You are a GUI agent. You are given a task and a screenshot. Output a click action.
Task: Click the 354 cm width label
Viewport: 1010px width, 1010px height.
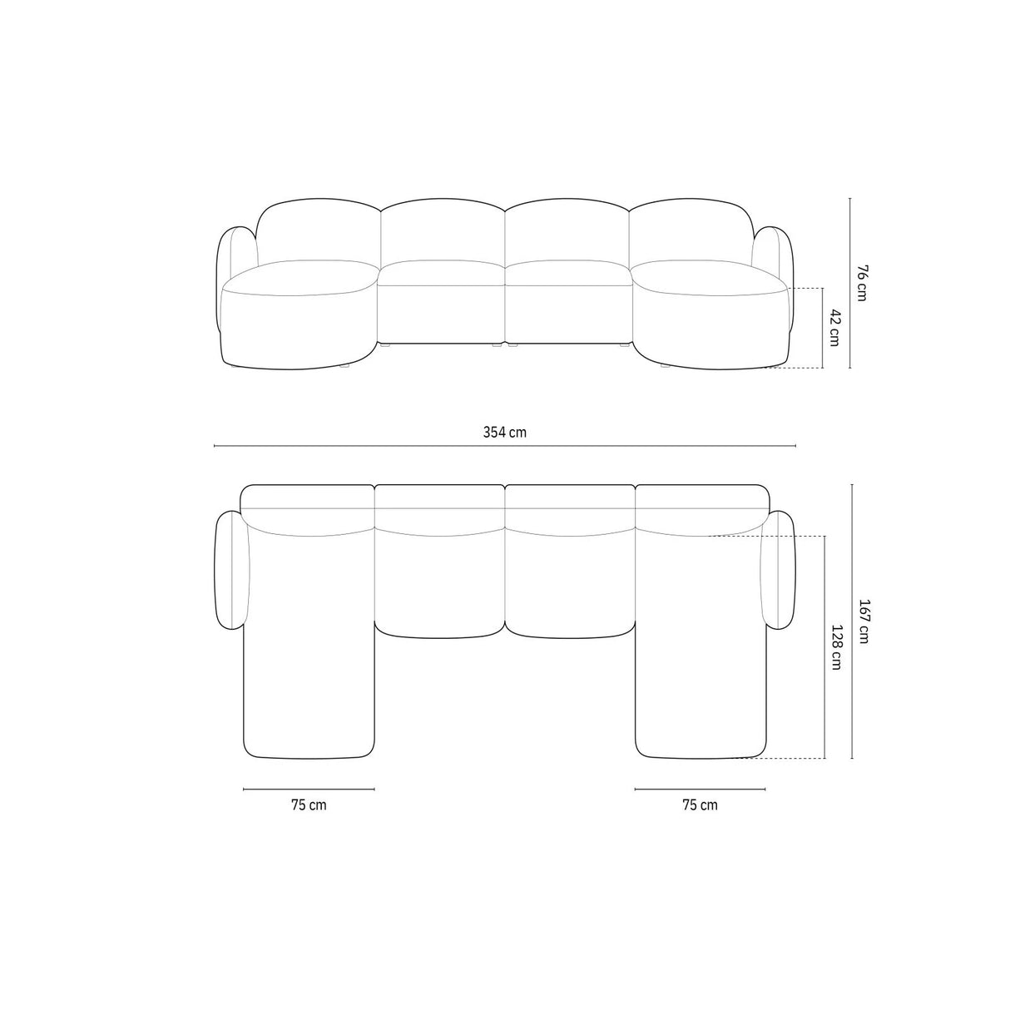(505, 432)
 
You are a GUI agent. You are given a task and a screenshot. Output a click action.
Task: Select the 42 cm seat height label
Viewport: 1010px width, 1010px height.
(835, 327)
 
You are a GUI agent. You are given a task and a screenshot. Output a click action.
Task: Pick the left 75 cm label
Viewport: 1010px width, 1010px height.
(309, 805)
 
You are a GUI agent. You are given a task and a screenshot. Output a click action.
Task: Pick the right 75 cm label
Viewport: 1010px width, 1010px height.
(700, 805)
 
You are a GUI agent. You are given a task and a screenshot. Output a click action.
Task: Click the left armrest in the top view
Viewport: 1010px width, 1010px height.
(230, 570)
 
